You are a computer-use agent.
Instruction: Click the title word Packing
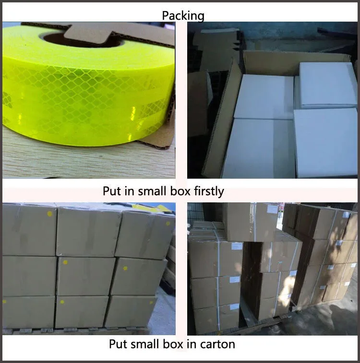pos(183,16)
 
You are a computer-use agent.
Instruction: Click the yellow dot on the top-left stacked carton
pos(49,213)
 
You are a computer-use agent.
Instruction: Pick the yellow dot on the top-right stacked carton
pos(168,223)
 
